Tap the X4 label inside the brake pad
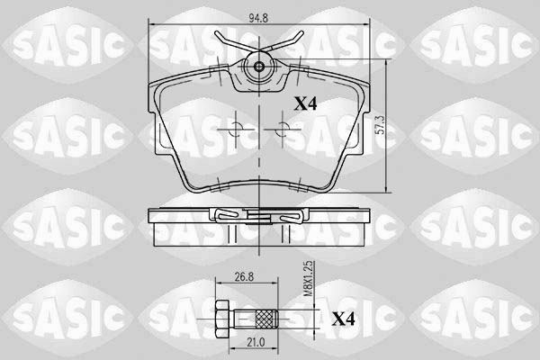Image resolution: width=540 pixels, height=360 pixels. coord(306,103)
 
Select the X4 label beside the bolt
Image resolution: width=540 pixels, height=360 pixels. coord(342,319)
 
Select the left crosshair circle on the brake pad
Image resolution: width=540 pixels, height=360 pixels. coord(235,131)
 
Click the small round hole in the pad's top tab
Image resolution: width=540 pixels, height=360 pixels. coord(259,67)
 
